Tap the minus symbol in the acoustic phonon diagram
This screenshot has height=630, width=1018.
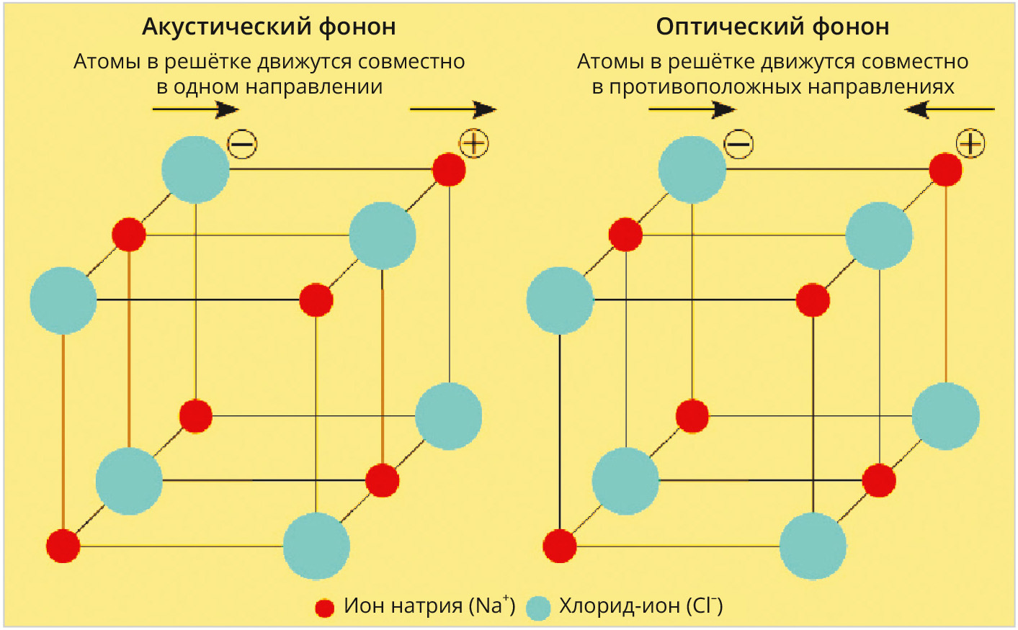point(242,145)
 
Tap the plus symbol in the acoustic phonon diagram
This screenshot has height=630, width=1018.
point(473,143)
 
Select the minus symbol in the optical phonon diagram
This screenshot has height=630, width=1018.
point(738,144)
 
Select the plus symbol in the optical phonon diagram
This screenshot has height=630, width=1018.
point(970,143)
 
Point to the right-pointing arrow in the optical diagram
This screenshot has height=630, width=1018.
point(692,109)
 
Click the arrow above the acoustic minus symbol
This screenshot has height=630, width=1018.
point(195,109)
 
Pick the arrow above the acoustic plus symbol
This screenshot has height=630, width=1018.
point(452,109)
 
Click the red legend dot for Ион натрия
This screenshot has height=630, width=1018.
point(325,608)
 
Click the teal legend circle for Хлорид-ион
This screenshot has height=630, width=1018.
point(538,608)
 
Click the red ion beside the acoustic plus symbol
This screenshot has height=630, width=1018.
point(449,170)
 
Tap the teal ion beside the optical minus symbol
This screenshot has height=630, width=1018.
point(692,170)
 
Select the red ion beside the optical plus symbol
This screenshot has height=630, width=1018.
point(945,170)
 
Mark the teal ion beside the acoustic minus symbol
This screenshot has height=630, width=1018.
point(195,170)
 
